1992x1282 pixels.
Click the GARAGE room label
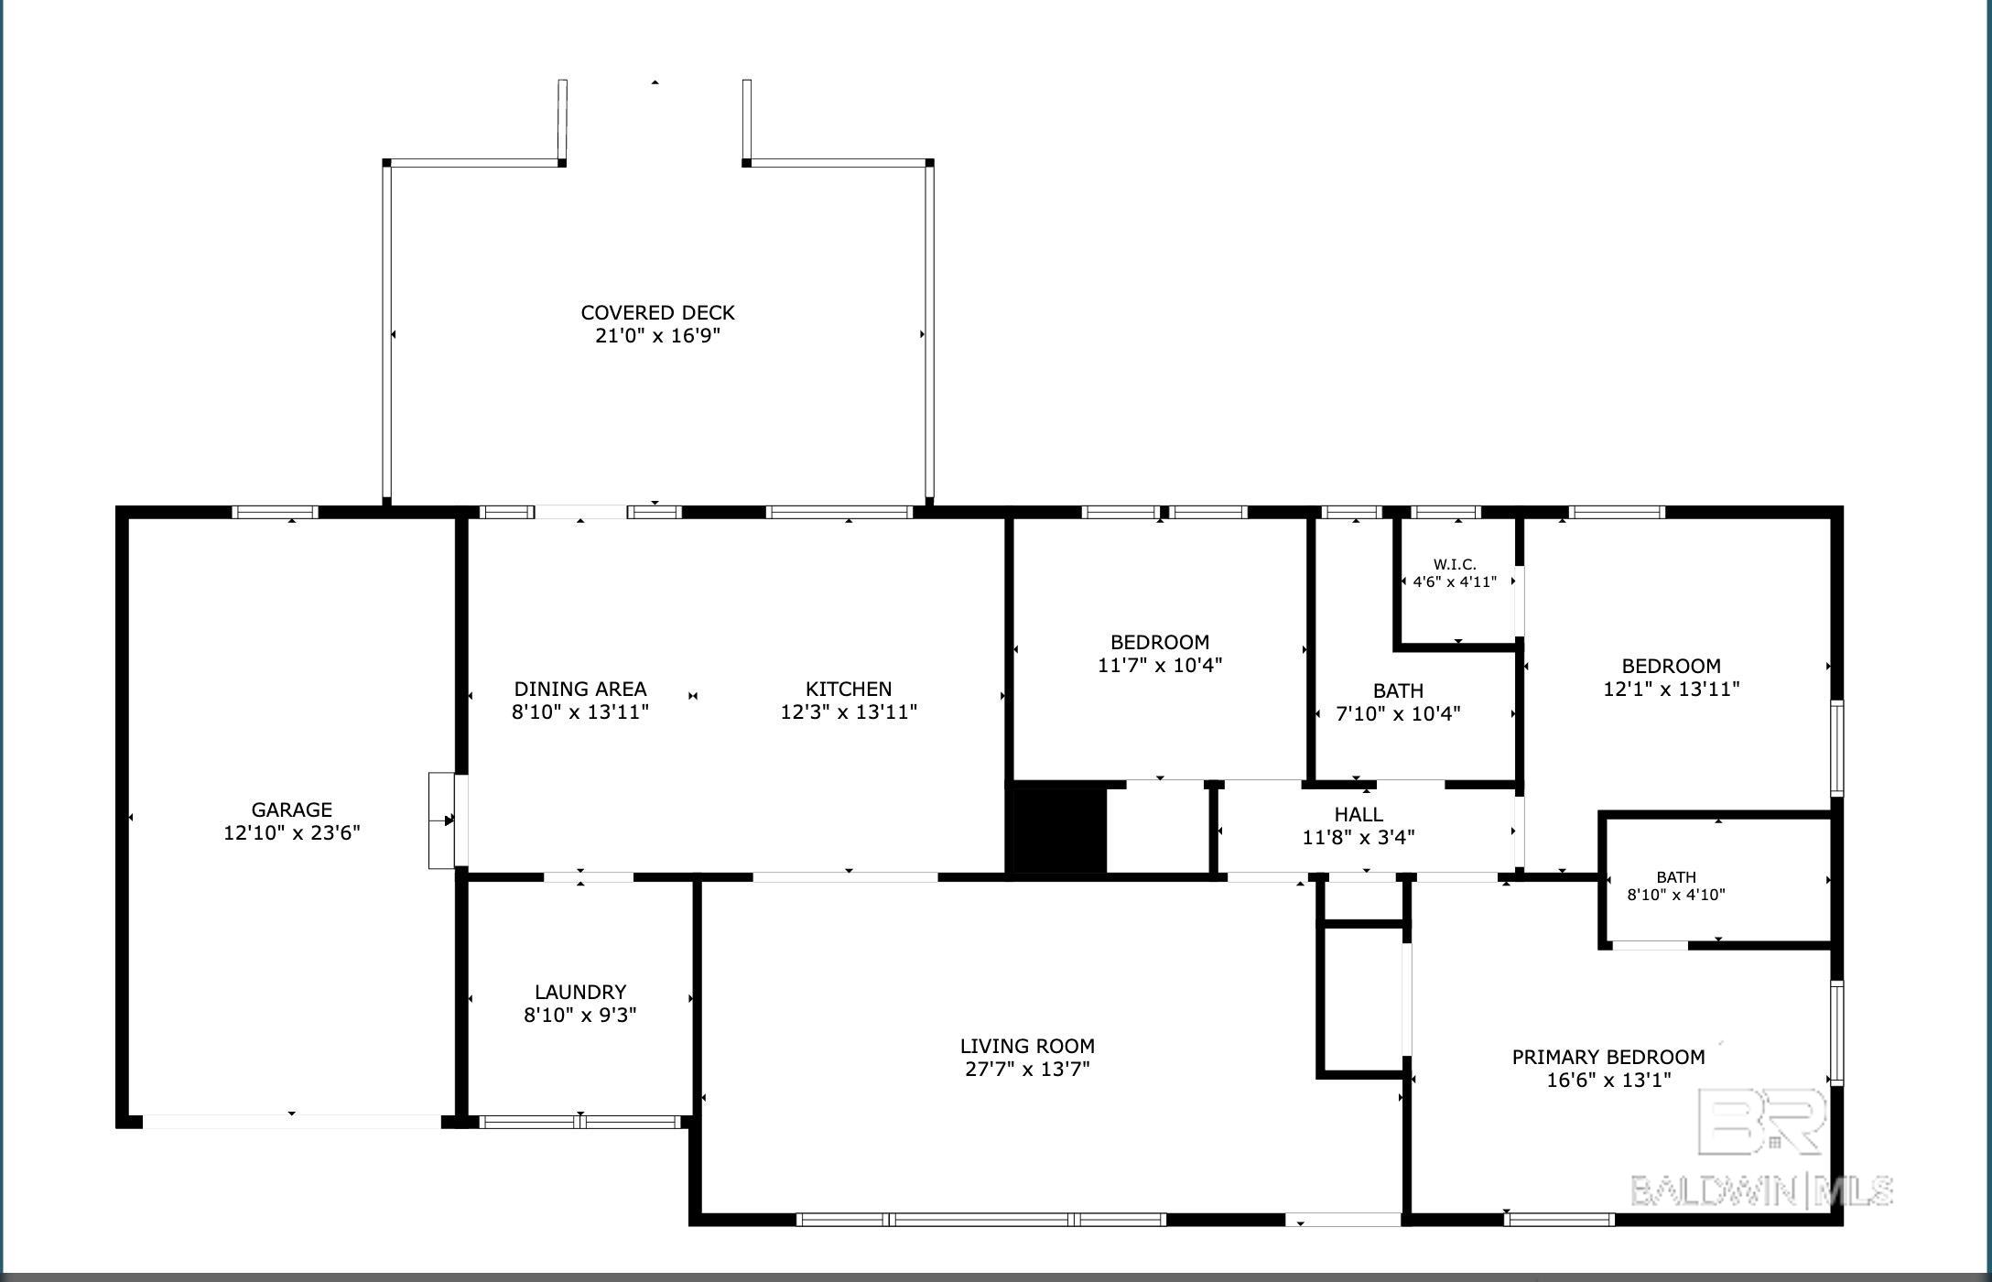292,809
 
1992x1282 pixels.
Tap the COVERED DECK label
657,312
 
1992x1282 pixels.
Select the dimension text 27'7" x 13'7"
1027,1069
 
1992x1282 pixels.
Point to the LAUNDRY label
580,992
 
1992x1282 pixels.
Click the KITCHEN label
849,689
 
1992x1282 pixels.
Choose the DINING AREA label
580,689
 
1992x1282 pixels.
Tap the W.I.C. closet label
1455,564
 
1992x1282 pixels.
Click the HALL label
1359,814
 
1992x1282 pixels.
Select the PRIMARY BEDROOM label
1608,1057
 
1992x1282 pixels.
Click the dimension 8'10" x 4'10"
1676,895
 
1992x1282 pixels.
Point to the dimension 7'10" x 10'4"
1398,713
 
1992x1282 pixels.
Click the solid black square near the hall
1058,830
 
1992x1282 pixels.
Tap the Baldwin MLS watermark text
1762,1190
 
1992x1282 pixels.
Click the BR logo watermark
1762,1121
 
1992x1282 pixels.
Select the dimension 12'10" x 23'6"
292,832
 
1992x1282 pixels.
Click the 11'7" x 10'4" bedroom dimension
1160,665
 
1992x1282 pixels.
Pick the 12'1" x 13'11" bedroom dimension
1672,689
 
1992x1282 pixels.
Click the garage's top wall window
275,512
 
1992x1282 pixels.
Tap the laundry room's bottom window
581,1122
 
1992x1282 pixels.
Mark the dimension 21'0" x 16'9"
657,335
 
